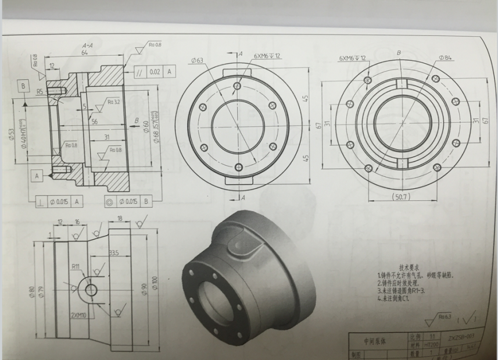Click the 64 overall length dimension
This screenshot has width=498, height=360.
85,53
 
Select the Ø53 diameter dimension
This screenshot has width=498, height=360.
13,136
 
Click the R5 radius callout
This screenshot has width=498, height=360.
40,91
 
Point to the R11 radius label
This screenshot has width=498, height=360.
76,266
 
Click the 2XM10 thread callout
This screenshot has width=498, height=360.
80,315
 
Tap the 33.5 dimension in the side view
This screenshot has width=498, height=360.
114,252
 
